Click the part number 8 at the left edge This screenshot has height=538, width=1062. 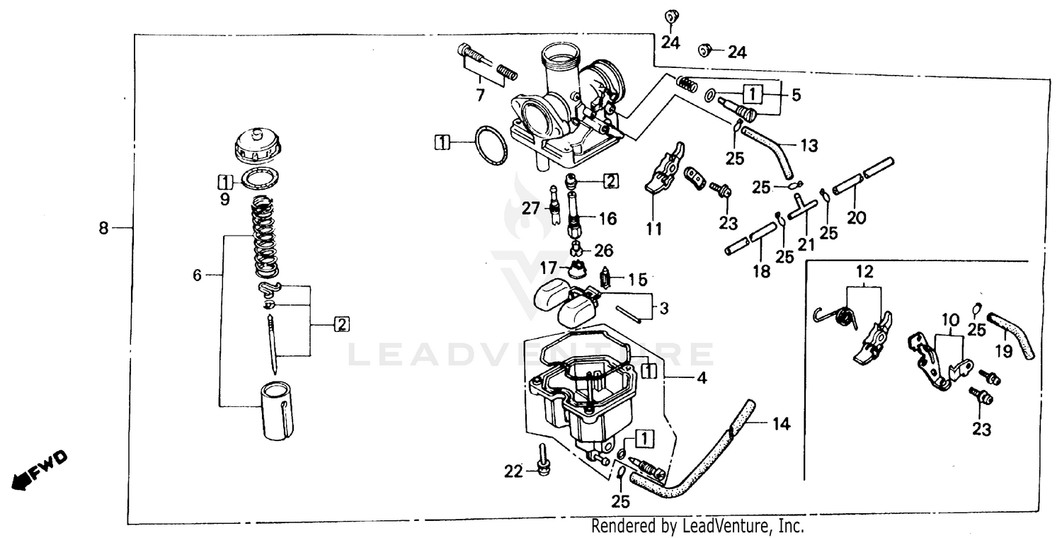tap(104, 229)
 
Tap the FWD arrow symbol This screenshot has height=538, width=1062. tap(40, 469)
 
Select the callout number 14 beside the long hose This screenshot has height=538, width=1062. tap(780, 425)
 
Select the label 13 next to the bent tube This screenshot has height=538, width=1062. tap(809, 146)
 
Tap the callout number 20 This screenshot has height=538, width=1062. tap(856, 219)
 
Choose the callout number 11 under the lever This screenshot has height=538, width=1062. tap(653, 229)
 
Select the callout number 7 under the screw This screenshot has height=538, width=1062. tap(480, 95)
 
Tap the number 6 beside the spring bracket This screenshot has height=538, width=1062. tap(198, 274)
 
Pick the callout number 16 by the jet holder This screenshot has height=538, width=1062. tap(608, 218)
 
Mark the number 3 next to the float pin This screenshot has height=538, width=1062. tap(663, 309)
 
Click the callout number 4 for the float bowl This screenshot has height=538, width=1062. tap(702, 379)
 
